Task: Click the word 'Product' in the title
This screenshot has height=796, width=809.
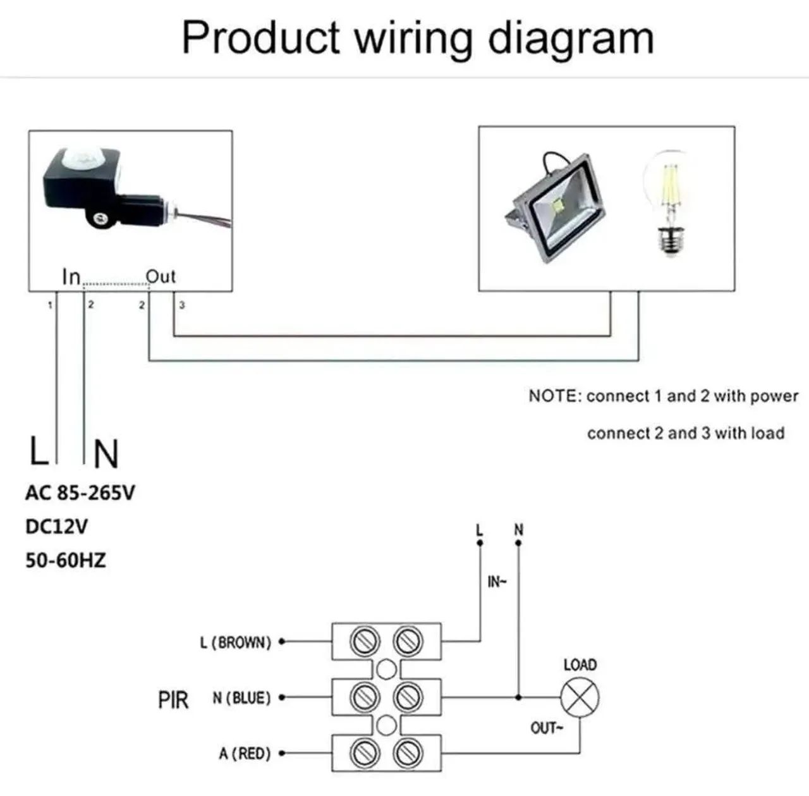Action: [260, 38]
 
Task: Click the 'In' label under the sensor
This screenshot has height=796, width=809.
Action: [71, 277]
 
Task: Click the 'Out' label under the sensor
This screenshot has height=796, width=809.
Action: [161, 277]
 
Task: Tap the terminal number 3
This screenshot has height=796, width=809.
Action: [182, 305]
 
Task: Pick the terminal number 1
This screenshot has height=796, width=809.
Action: [50, 305]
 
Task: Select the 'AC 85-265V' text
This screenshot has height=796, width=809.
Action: [80, 493]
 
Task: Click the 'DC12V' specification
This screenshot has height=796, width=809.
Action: [57, 526]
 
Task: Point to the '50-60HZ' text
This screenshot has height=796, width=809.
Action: [66, 560]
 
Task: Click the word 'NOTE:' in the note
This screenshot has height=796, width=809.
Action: [555, 396]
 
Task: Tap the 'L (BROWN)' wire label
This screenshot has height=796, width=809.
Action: [236, 642]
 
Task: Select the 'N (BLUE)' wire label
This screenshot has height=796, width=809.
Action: [242, 698]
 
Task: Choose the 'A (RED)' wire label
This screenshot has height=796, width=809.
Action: [245, 754]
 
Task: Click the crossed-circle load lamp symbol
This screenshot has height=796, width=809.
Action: [580, 698]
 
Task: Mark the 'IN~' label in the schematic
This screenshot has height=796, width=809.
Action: [497, 582]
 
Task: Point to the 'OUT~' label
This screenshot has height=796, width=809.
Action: [546, 728]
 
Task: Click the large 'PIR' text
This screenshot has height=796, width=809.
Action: [173, 700]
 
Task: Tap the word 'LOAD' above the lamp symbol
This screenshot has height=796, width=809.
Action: [580, 664]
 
